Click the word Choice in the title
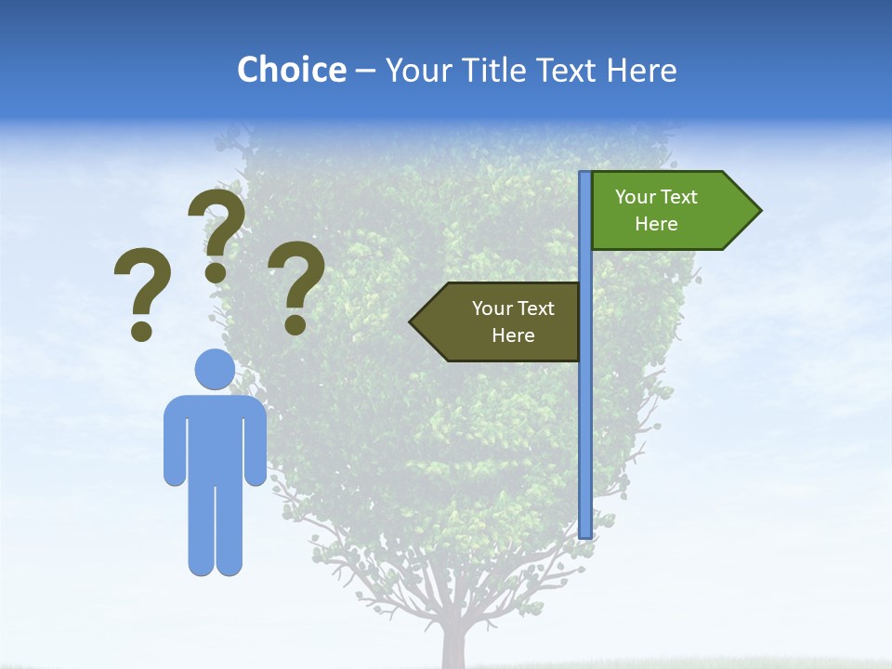coord(291,70)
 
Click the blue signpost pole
coord(585,418)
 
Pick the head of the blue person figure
coord(215,369)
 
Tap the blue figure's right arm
coord(255,441)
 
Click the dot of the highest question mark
coord(216,272)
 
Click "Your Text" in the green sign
coord(656,197)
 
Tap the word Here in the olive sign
coord(513,335)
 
